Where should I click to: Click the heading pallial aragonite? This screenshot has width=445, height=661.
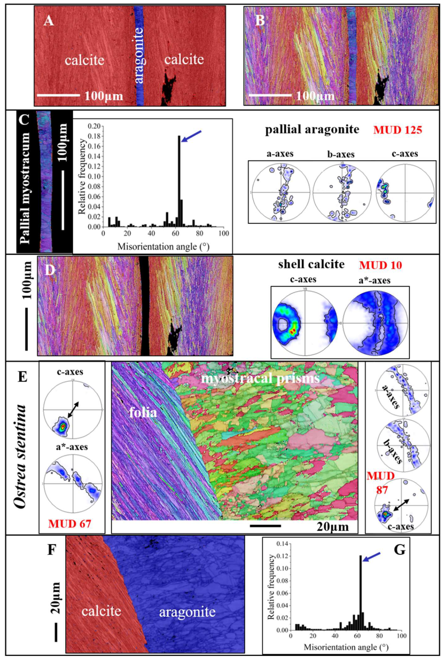coord(312,129)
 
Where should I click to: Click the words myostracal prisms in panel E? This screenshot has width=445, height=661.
coord(261,378)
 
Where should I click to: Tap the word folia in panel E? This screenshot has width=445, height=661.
coord(143,412)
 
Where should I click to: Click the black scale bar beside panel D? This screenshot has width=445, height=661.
coord(26,329)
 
